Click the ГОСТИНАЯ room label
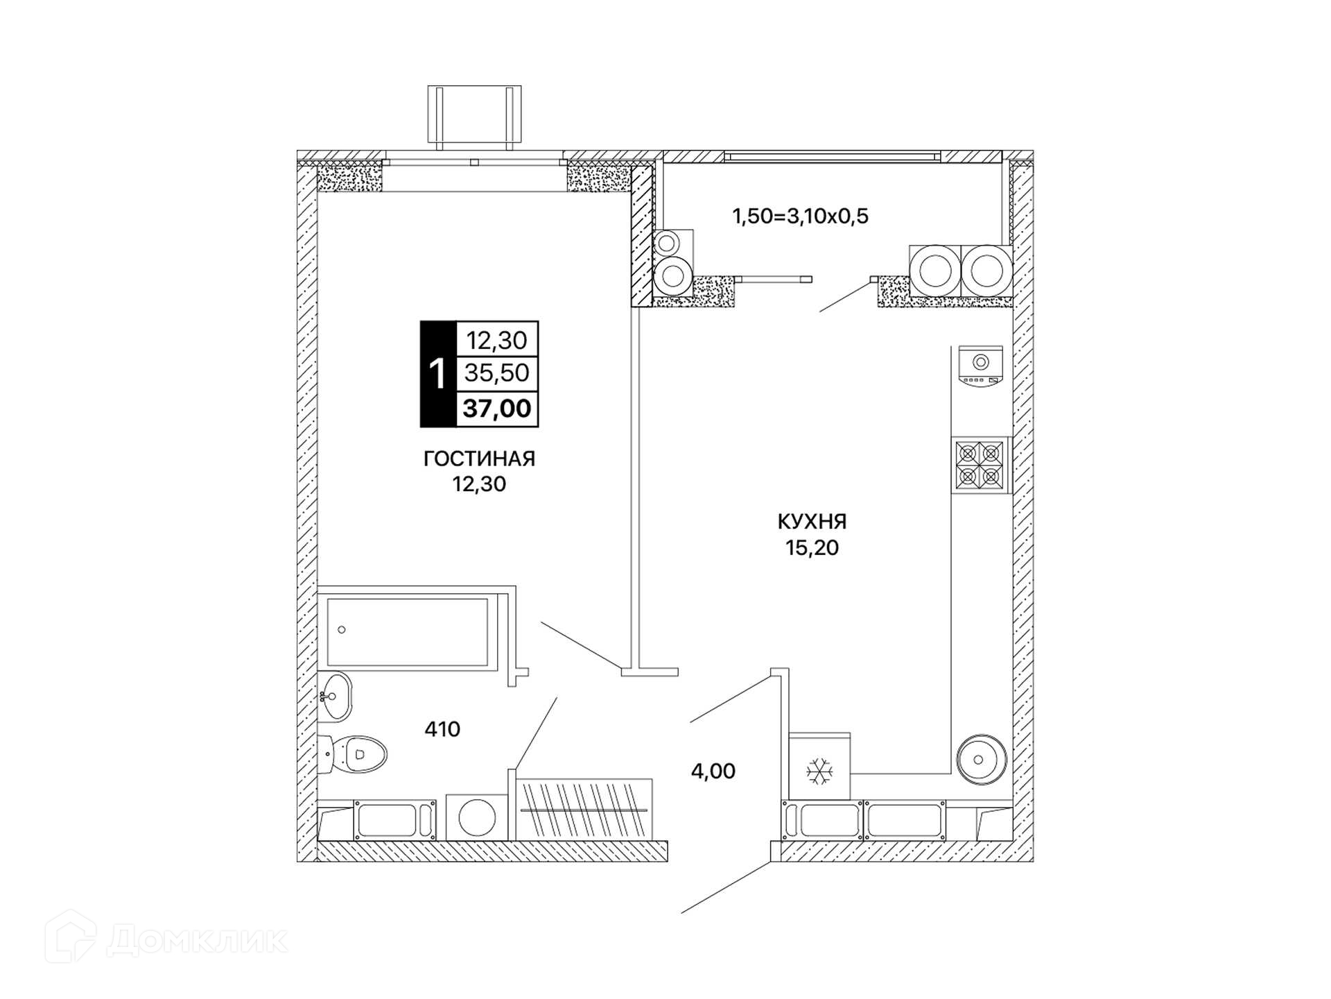[479, 459]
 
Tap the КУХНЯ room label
[812, 521]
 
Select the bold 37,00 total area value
[497, 409]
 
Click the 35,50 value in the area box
[497, 373]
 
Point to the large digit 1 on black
[437, 374]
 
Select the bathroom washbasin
[336, 696]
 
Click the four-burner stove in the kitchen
[980, 465]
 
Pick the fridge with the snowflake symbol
[820, 767]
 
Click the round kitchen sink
[981, 759]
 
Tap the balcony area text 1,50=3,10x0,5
[801, 216]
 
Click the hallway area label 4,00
[713, 771]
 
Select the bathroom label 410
[442, 729]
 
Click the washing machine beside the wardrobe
[478, 817]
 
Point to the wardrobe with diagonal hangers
[584, 810]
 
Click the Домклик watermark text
[197, 941]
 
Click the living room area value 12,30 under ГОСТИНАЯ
[479, 484]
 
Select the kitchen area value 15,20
[812, 548]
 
